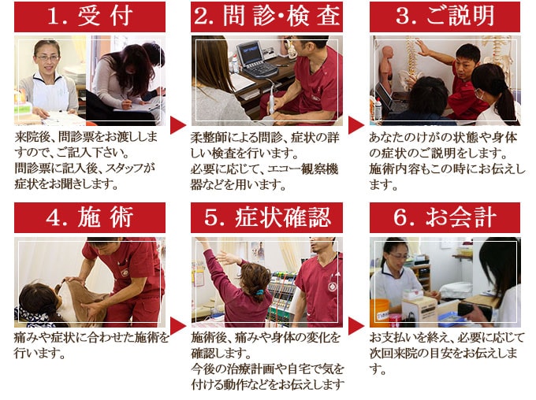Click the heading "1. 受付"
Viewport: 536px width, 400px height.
[90, 17]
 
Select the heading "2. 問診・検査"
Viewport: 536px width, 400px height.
[266, 17]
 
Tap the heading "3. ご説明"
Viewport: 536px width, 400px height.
[445, 17]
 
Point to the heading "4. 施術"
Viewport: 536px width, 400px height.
[90, 217]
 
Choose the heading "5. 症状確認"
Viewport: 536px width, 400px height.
[266, 217]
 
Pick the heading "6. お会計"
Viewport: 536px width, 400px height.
[445, 217]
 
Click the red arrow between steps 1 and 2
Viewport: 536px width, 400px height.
[177, 125]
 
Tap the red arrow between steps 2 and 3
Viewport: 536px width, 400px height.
[355, 125]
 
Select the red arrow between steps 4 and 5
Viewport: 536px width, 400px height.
[177, 326]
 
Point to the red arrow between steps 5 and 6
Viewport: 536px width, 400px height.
[355, 326]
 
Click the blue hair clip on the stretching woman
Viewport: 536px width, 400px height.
[260, 292]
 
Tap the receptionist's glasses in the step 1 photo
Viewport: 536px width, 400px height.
[47, 57]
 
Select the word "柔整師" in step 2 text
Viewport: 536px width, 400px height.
[208, 138]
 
